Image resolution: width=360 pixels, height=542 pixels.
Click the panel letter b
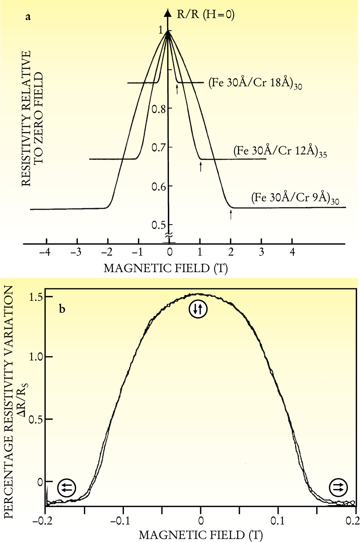click(x=62, y=309)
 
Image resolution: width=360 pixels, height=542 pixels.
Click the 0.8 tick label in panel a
click(x=159, y=109)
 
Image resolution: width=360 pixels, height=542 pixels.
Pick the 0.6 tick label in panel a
click(x=159, y=187)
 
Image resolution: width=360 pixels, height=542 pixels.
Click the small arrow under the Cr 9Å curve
click(x=231, y=214)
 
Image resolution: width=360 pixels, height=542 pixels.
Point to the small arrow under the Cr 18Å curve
click(x=177, y=89)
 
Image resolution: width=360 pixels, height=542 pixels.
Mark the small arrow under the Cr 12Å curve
click(x=201, y=166)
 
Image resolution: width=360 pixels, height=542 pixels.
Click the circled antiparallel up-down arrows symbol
click(x=198, y=309)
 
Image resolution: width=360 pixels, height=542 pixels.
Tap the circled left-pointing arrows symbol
click(x=67, y=488)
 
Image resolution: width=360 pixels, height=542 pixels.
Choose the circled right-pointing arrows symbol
click(x=338, y=487)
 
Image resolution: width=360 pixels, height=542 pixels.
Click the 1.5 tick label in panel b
click(x=35, y=297)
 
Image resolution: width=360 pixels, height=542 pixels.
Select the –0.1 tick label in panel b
click(x=120, y=521)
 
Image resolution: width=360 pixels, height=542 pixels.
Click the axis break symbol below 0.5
click(x=169, y=235)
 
